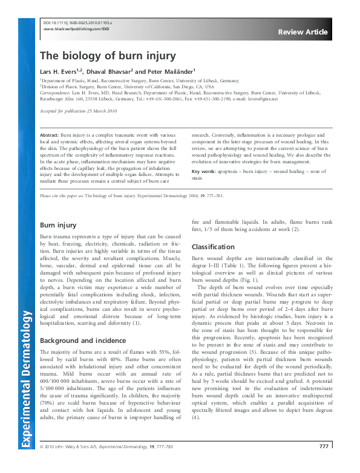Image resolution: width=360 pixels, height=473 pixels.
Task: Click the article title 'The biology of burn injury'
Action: pyautogui.click(x=108, y=56)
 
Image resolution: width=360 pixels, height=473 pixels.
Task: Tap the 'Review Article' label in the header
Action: pyautogui.click(x=303, y=32)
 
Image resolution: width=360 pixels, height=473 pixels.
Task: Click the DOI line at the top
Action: pyautogui.click(x=79, y=22)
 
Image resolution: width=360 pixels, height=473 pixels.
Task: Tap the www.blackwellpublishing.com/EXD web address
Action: pyautogui.click(x=77, y=28)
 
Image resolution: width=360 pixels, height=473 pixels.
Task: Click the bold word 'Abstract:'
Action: pyautogui.click(x=49, y=135)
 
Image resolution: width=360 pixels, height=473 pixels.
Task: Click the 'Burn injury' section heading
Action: pyautogui.click(x=57, y=225)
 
